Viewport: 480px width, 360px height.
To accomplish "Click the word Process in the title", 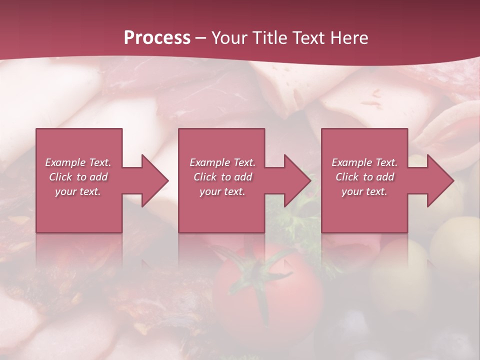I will tap(157, 38).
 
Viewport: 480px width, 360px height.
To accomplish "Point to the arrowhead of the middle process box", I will tap(297, 180).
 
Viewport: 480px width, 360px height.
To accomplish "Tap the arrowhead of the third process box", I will tap(440, 180).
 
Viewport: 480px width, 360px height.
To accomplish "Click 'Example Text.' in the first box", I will tap(78, 162).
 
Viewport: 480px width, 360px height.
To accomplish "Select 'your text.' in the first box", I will tap(78, 191).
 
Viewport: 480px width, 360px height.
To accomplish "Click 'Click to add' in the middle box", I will tap(222, 177).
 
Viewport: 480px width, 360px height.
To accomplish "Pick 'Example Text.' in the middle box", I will tap(222, 162).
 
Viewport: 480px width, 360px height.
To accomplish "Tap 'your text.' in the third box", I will tap(364, 191).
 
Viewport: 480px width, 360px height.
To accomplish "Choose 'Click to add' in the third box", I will tap(364, 177).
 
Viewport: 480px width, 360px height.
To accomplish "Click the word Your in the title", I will tap(228, 38).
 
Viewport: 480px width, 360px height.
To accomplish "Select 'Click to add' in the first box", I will tap(78, 177).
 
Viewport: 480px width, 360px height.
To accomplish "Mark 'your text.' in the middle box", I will tap(222, 191).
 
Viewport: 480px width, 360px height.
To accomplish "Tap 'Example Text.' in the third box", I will tap(364, 162).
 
